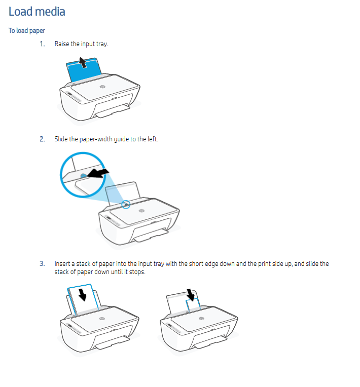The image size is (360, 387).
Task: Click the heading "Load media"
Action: coord(37,11)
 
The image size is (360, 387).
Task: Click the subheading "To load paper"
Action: coord(27,31)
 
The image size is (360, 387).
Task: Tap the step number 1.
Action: coord(42,44)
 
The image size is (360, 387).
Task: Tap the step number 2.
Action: coord(42,139)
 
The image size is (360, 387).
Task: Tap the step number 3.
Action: coord(42,264)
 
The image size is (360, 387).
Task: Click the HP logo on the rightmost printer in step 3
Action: coord(201,319)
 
